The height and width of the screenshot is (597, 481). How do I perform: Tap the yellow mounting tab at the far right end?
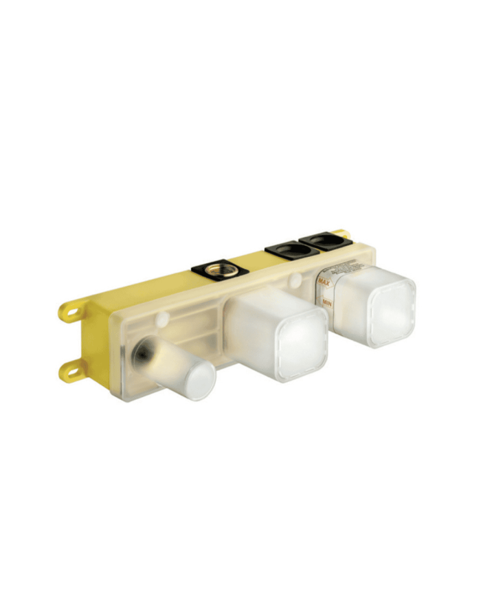342,235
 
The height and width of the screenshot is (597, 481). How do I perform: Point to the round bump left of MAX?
295,280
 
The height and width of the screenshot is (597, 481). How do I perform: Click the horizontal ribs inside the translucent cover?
196,326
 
